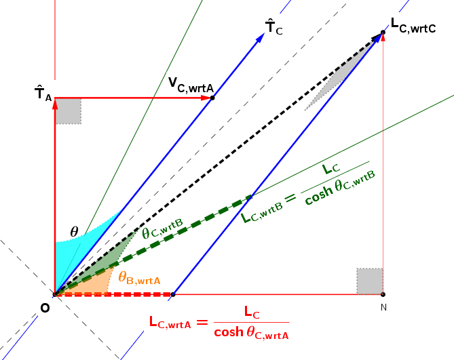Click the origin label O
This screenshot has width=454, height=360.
[45, 308]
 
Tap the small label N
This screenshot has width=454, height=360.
[383, 307]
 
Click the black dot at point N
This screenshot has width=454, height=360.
[383, 294]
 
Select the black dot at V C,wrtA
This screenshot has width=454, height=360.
[212, 98]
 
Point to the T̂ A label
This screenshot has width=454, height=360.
[43, 94]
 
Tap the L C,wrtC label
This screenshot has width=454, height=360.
[413, 26]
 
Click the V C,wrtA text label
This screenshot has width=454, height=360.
[191, 85]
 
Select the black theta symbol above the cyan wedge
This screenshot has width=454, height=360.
[75, 232]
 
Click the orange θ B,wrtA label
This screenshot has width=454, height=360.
[139, 278]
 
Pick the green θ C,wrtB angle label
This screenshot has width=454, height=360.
[163, 228]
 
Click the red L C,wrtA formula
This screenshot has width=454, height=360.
[219, 323]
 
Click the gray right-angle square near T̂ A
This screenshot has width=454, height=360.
[69, 111]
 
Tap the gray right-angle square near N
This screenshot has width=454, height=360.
[370, 281]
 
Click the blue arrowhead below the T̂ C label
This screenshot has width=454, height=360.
[260, 38]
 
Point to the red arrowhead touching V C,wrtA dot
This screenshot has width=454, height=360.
[206, 98]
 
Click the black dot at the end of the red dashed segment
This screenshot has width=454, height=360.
[173, 294]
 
